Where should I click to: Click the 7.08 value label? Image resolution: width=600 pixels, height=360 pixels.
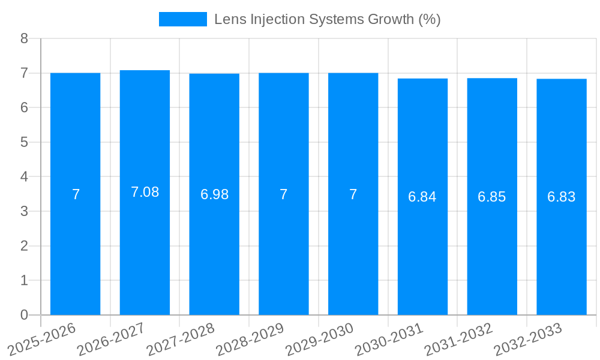pyautogui.click(x=145, y=192)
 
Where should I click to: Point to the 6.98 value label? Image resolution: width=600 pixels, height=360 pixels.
pyautogui.click(x=214, y=194)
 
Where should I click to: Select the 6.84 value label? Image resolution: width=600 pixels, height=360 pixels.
pyautogui.click(x=422, y=197)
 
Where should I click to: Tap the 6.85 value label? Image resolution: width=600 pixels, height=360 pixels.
pyautogui.click(x=492, y=197)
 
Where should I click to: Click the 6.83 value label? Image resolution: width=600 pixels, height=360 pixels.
pyautogui.click(x=562, y=197)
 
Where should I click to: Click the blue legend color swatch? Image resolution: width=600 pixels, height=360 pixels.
pyautogui.click(x=182, y=19)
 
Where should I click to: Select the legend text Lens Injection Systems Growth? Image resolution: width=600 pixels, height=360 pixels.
pyautogui.click(x=327, y=19)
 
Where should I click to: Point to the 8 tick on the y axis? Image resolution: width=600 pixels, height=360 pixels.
pyautogui.click(x=24, y=38)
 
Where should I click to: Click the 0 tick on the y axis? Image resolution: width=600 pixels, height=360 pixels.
pyautogui.click(x=24, y=315)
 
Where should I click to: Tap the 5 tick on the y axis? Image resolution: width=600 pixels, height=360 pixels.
pyautogui.click(x=24, y=142)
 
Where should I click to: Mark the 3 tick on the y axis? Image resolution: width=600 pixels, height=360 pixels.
pyautogui.click(x=24, y=211)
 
